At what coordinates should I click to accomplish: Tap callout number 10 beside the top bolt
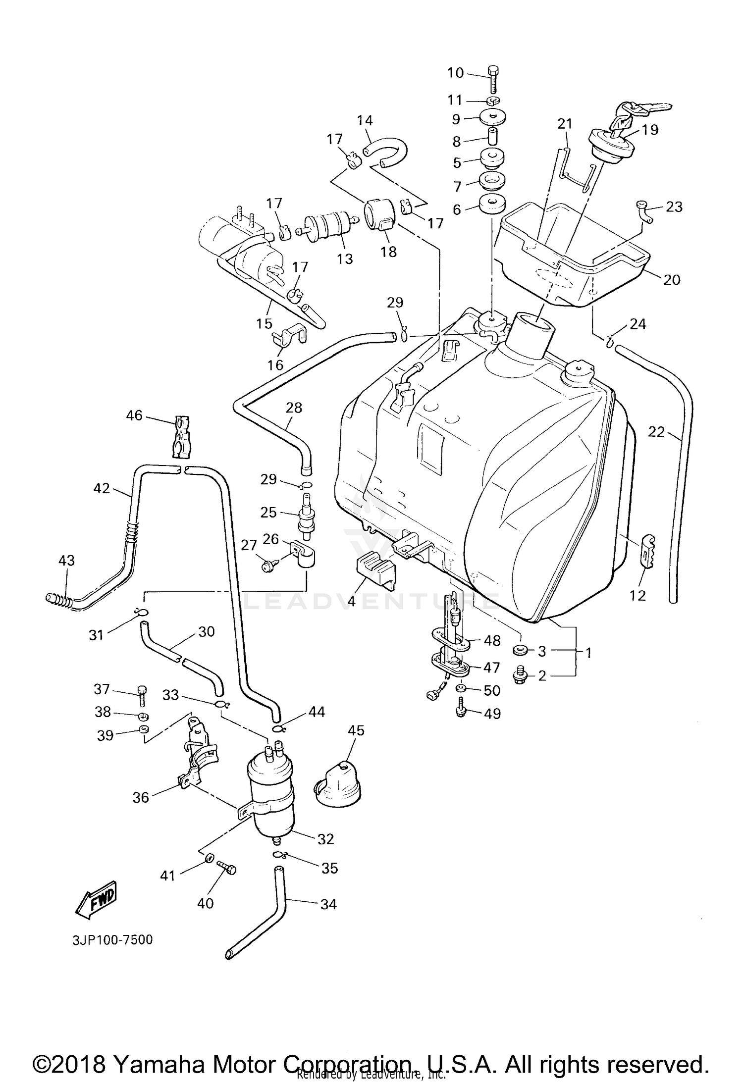click(x=455, y=73)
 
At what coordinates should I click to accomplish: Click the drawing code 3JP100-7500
click(x=112, y=939)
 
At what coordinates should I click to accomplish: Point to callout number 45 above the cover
click(x=356, y=730)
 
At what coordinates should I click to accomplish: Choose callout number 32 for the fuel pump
click(x=325, y=838)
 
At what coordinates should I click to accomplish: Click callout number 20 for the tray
click(x=671, y=280)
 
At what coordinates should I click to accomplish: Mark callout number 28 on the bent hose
click(x=294, y=408)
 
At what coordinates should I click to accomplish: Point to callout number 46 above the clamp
click(x=134, y=415)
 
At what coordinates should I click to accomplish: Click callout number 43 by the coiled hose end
click(x=66, y=560)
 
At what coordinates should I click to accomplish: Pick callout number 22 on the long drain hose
click(x=656, y=432)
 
